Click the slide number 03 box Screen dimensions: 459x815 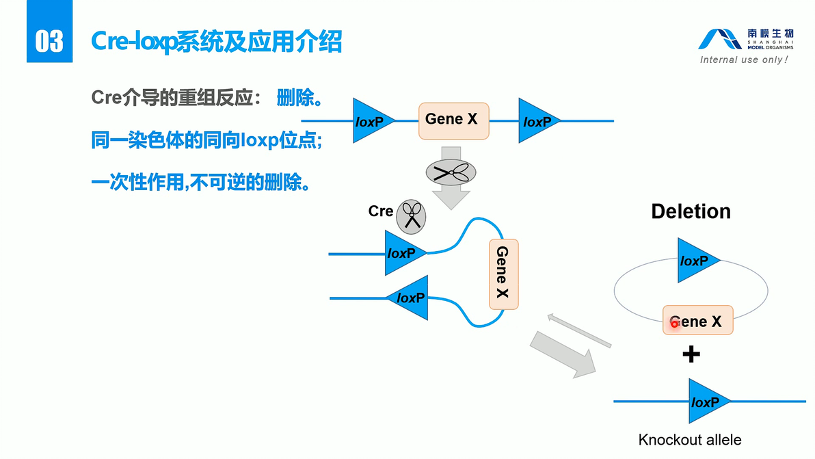click(x=49, y=40)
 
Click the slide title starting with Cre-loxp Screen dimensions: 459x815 click(x=217, y=42)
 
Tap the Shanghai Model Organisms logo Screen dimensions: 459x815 click(x=745, y=39)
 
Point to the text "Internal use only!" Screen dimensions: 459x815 click(x=744, y=60)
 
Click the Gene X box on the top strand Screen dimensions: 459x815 click(x=453, y=120)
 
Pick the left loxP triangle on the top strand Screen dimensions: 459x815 click(x=371, y=121)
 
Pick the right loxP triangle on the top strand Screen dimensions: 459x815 click(x=537, y=121)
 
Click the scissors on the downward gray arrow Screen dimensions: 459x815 click(x=451, y=172)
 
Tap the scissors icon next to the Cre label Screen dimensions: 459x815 click(x=412, y=215)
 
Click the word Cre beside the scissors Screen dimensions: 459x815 click(x=380, y=211)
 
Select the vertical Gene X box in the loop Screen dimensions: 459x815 click(x=503, y=274)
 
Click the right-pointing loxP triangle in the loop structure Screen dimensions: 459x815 click(x=403, y=253)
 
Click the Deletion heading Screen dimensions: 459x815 click(x=691, y=211)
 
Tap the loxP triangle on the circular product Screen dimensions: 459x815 click(x=696, y=261)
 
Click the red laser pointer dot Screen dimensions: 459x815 click(x=674, y=323)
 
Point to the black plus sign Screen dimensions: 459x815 click(x=691, y=354)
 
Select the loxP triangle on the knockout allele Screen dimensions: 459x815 click(x=707, y=402)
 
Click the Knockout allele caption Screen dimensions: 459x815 click(x=689, y=440)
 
